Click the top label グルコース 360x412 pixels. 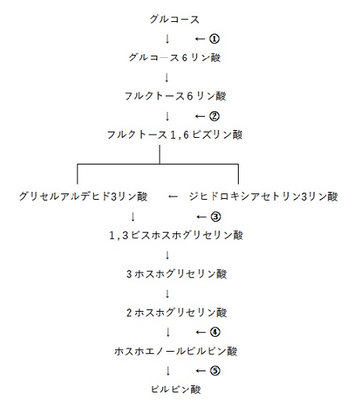[175, 19]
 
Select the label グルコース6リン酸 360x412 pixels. [175, 57]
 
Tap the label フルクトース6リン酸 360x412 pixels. [175, 96]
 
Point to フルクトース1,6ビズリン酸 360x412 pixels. [175, 135]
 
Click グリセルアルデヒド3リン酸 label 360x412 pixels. [83, 197]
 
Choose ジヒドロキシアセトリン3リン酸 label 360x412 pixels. [264, 197]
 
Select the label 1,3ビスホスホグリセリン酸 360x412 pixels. [176, 235]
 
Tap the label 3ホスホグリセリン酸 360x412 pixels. [176, 274]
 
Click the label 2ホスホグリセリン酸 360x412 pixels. [176, 313]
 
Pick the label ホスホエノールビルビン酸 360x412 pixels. [176, 351]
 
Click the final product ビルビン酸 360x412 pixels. [176, 389]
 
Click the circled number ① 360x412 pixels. [214, 39]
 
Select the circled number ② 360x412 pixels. [214, 116]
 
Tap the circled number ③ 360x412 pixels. [215, 217]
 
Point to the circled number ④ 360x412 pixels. [214, 332]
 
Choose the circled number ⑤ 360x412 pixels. [214, 370]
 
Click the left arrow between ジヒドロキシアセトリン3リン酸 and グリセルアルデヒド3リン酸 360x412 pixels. [173, 197]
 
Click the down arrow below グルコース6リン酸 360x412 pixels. [167, 78]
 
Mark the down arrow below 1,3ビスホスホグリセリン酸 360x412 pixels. [167, 255]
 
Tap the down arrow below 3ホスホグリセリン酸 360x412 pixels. [167, 294]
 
